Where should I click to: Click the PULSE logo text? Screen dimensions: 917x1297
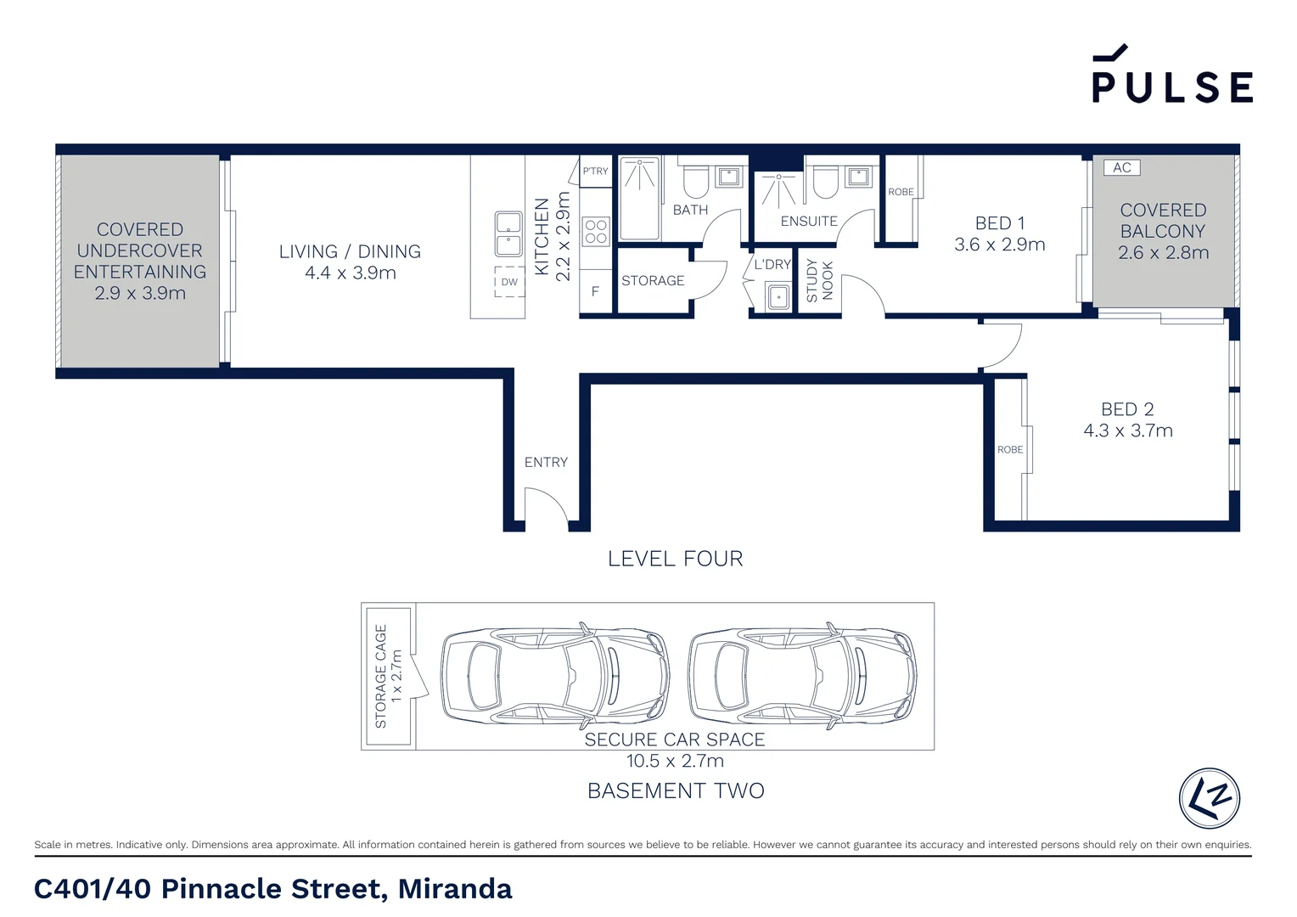[1171, 86]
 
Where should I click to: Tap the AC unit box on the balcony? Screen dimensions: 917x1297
[1121, 167]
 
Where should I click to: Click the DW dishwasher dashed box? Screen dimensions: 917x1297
[509, 282]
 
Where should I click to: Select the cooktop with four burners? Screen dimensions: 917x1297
[596, 231]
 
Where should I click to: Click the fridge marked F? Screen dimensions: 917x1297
[595, 291]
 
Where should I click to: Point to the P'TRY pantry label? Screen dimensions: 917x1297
[595, 171]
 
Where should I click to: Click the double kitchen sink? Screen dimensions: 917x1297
[508, 233]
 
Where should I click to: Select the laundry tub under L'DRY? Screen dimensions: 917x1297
[778, 296]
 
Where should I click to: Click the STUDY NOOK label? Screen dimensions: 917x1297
[819, 281]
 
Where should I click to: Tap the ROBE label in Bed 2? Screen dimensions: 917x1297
[1010, 450]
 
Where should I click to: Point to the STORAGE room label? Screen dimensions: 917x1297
[653, 281]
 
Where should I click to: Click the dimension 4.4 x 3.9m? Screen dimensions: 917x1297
[351, 273]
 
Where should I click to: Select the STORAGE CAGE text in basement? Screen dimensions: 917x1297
[380, 676]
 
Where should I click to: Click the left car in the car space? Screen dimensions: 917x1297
[554, 676]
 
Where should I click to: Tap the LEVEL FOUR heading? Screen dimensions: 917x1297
[675, 559]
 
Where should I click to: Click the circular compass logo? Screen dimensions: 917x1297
[1209, 798]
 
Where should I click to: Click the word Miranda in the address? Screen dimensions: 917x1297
[455, 889]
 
